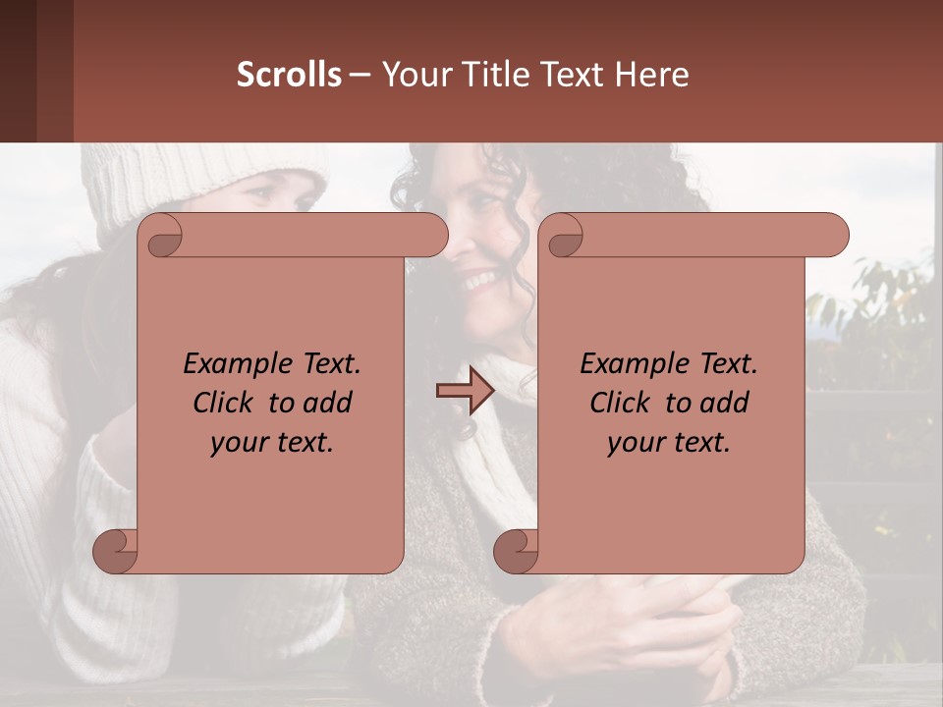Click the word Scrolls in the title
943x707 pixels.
289,75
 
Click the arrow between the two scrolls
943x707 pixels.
465,391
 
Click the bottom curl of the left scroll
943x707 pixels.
116,552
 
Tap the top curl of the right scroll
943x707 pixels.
563,237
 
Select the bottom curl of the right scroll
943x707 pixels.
517,552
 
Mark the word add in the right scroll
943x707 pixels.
726,403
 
